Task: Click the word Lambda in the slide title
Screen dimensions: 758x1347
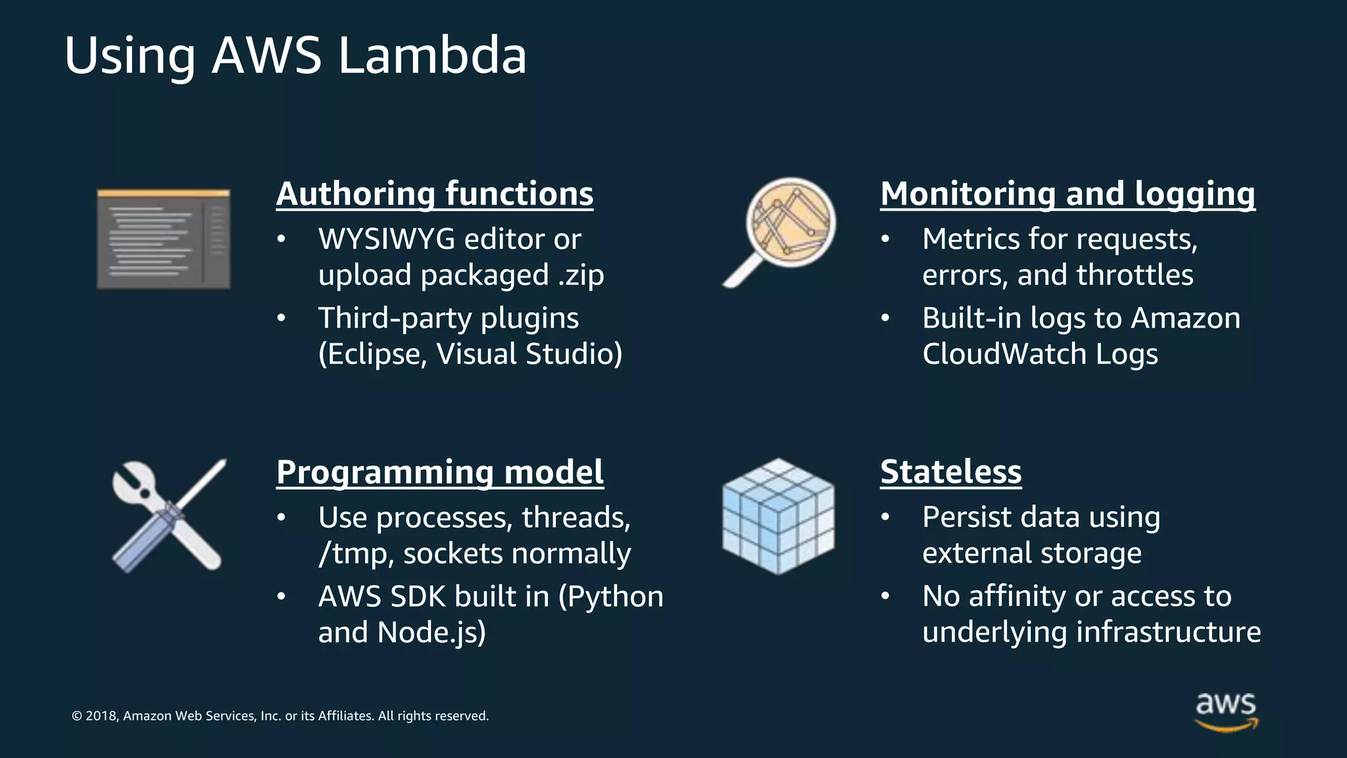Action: pos(432,55)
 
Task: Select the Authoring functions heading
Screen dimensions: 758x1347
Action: pos(434,194)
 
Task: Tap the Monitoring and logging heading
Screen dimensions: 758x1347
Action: pos(1067,194)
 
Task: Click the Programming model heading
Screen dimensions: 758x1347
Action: pos(439,472)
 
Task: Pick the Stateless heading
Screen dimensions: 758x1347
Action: pos(950,472)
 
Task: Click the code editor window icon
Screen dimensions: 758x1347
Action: pos(163,239)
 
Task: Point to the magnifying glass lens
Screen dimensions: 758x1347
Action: pos(791,222)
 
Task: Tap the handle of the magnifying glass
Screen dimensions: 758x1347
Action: pos(742,273)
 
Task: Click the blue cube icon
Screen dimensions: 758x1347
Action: pos(778,517)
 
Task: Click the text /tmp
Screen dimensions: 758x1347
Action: pos(355,554)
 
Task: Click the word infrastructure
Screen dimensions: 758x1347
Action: pos(1168,632)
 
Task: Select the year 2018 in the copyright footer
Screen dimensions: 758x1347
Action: pos(101,716)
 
